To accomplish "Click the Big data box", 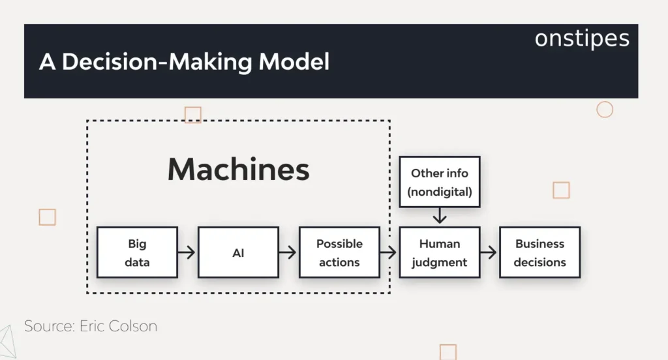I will click(137, 252).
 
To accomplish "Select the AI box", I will click(238, 252).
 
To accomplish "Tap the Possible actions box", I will click(339, 252).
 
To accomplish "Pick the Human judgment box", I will click(440, 252).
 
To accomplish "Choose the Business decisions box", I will click(539, 252).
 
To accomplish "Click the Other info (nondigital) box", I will click(440, 182).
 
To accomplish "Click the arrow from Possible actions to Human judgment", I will click(389, 252).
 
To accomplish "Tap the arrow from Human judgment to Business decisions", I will click(489, 252).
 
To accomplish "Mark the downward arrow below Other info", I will click(440, 216).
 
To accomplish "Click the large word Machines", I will click(238, 170).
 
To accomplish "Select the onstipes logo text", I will click(582, 38).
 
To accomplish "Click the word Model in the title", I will click(294, 61).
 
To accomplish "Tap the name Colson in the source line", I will click(134, 326).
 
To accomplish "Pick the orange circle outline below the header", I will click(605, 110).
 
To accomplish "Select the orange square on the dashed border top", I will click(192, 115).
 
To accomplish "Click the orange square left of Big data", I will click(47, 217).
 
